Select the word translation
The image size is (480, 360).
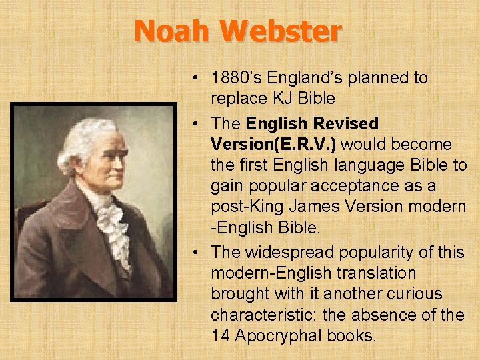(x=380, y=273)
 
